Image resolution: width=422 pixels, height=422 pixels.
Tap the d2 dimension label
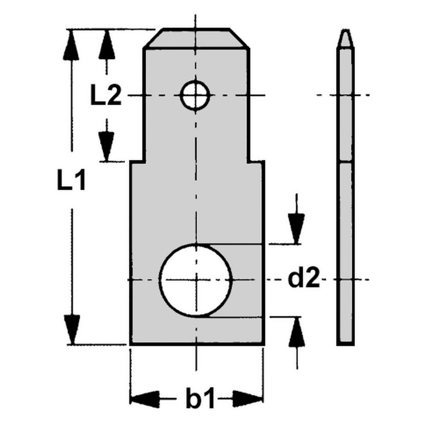(x=303, y=279)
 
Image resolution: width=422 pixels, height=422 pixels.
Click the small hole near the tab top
(x=195, y=96)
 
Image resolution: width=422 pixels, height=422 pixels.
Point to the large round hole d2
(x=196, y=279)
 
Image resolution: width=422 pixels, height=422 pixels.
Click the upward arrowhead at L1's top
(x=71, y=45)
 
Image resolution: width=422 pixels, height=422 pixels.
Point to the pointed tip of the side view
(x=346, y=33)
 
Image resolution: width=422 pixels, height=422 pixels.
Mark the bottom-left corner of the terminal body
(x=131, y=344)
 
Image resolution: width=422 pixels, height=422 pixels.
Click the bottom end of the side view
(x=346, y=343)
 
